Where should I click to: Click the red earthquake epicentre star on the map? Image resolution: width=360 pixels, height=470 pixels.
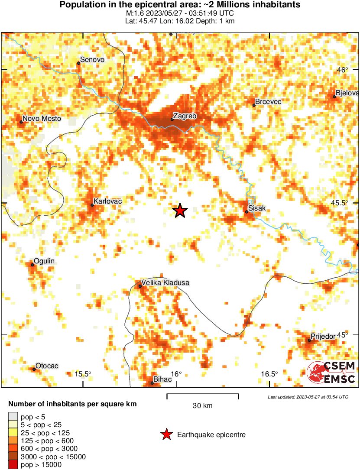tap(180, 211)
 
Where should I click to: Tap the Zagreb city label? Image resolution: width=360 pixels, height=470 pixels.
tap(185, 116)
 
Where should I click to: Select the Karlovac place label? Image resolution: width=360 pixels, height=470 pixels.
tap(107, 201)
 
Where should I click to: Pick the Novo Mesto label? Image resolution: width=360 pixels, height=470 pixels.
tap(42, 119)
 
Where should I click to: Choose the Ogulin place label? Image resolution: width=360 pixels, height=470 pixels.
tap(44, 261)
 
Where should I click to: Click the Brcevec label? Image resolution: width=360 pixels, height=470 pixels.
tap(268, 102)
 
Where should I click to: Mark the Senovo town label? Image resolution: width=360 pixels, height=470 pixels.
tap(92, 60)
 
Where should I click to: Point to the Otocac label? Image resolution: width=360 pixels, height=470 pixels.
tap(47, 366)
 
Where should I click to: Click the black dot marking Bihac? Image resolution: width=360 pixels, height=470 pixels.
tap(152, 382)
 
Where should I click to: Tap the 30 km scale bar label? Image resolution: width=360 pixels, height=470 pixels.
tap(202, 406)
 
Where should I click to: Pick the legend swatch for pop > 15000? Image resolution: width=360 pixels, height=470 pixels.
tap(13, 465)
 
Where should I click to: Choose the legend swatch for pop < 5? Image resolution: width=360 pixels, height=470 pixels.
tap(13, 417)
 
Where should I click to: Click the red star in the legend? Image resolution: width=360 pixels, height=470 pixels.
tap(166, 434)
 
